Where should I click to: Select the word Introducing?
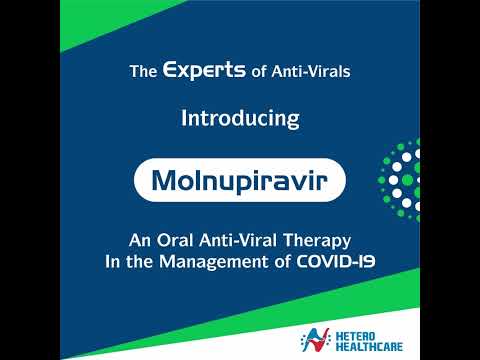click(240, 118)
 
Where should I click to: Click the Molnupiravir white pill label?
click(239, 182)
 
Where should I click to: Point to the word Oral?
click(177, 241)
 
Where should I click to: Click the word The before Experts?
click(144, 72)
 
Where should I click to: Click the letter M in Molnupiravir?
click(166, 182)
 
